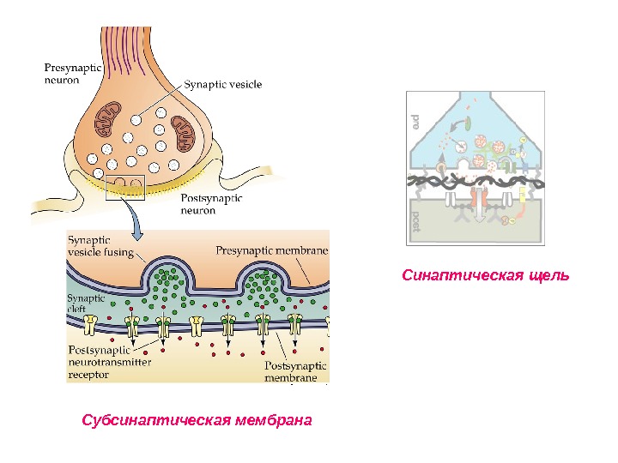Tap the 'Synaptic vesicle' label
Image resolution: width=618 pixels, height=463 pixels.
pyautogui.click(x=224, y=84)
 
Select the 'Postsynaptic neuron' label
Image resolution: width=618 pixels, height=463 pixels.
pyautogui.click(x=213, y=203)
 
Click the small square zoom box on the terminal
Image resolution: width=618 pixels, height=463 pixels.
pyautogui.click(x=126, y=186)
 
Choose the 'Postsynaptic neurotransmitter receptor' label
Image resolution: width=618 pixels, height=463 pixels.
pyautogui.click(x=109, y=362)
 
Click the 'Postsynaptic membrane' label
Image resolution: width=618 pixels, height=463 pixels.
pyautogui.click(x=292, y=370)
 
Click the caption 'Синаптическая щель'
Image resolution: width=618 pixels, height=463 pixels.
pyautogui.click(x=487, y=276)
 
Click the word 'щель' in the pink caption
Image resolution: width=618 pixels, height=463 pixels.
pyautogui.click(x=549, y=276)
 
